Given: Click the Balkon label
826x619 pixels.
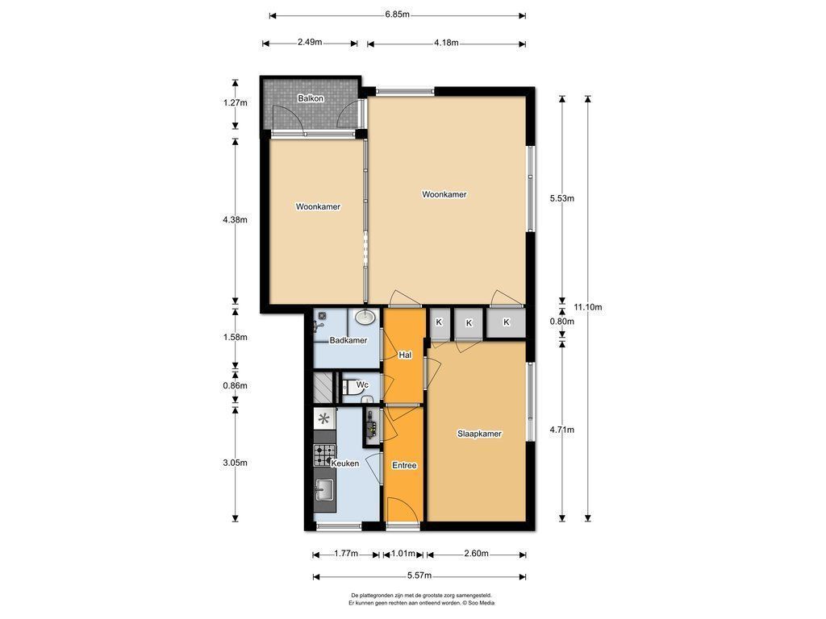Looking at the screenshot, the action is [x=311, y=98].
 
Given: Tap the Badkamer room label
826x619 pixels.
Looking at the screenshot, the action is [x=348, y=341].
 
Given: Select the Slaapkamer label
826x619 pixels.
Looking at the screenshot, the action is [x=479, y=434].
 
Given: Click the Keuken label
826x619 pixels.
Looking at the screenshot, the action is [x=345, y=463].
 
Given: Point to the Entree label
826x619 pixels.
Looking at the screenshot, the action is [x=405, y=465].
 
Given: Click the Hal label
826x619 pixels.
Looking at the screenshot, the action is [x=405, y=355].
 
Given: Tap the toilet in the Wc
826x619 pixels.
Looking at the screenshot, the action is [x=350, y=388].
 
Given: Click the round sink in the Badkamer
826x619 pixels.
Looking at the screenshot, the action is [x=365, y=318].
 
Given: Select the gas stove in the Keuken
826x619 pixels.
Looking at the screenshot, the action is [x=324, y=455].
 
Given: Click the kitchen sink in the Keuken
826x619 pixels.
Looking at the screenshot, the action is [x=324, y=491].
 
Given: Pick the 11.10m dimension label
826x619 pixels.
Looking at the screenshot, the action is [x=588, y=307].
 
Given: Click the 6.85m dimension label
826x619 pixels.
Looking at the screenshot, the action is [x=397, y=15].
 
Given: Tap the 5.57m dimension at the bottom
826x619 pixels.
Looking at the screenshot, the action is [x=419, y=575].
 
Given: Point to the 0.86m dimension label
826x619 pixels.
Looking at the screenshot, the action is [x=235, y=386].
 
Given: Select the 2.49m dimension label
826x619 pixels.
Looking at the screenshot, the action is [x=310, y=43].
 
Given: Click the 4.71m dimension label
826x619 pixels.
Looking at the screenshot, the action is [x=562, y=430].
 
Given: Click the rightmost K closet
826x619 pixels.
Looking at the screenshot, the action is [x=507, y=322].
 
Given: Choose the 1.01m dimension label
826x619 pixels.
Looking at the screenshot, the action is [x=403, y=554].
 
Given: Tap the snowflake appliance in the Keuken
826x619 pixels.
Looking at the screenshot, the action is [x=324, y=419].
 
